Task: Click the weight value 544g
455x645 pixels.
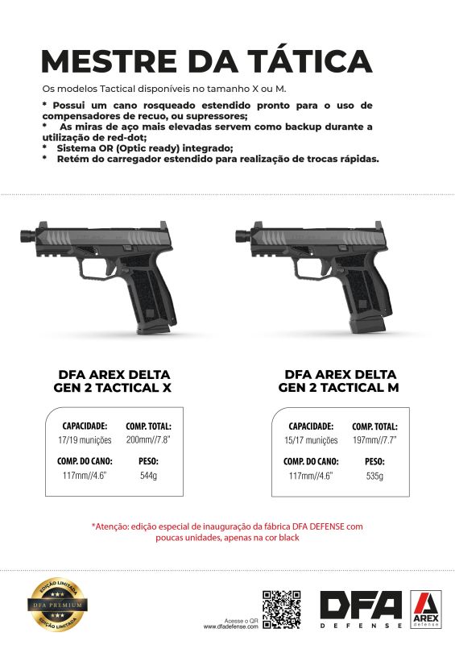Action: point(148,476)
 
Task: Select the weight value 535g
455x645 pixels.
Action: point(374,476)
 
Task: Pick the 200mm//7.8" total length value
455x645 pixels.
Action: point(148,441)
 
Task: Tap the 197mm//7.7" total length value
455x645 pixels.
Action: point(374,441)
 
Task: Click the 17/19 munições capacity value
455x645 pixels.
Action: point(85,441)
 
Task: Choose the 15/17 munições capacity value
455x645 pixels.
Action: point(311,441)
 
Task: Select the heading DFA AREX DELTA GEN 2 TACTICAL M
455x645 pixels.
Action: point(340,381)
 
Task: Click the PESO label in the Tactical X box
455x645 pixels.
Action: point(148,462)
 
